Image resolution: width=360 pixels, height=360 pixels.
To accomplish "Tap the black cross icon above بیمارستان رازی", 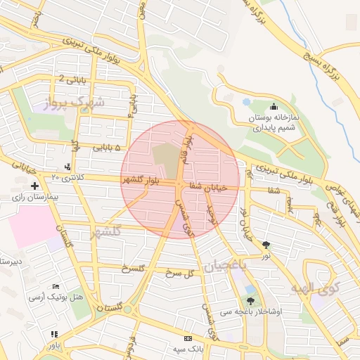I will (34, 186).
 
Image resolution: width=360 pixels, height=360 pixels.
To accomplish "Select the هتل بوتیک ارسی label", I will (56, 297).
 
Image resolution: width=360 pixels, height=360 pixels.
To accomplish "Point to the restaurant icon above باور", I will (55, 334).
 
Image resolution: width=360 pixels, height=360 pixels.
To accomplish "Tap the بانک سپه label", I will (190, 348).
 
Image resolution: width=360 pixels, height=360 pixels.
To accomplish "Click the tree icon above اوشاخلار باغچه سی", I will (250, 301).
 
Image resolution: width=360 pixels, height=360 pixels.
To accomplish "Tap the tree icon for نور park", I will (266, 245).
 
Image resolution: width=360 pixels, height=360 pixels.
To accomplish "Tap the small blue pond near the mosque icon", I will (246, 102).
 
